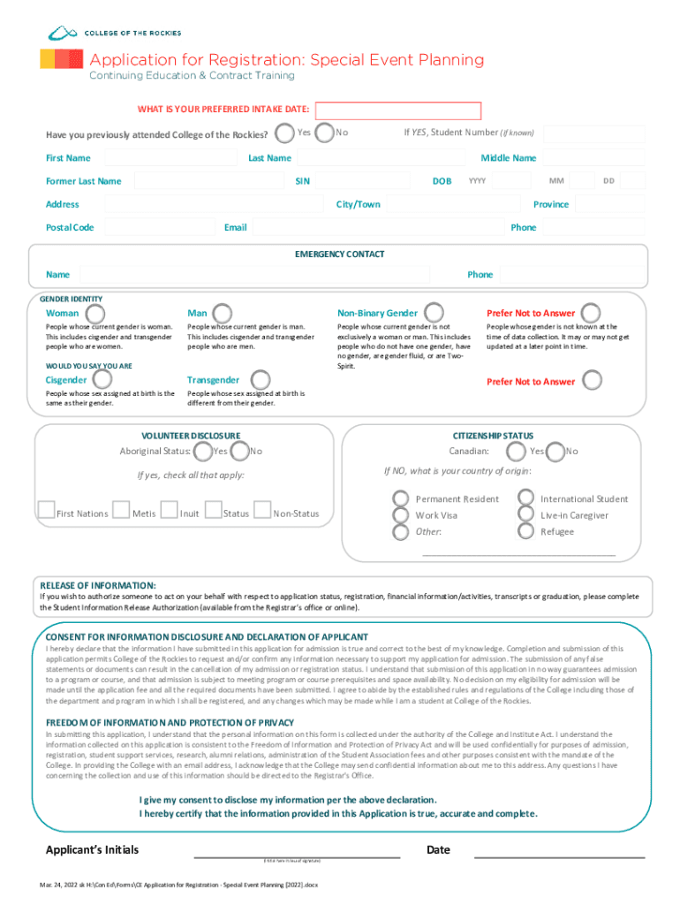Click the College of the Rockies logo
tap(114, 33)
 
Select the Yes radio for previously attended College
tap(284, 133)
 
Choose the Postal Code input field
tap(158, 228)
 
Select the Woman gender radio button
tap(94, 314)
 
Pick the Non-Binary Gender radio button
tap(434, 313)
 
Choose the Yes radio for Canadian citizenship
tap(516, 452)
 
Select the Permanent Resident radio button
tap(401, 499)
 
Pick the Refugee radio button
tap(526, 531)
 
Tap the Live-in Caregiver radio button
tap(526, 515)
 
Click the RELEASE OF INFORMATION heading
tap(98, 586)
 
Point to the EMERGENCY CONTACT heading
tap(339, 255)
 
